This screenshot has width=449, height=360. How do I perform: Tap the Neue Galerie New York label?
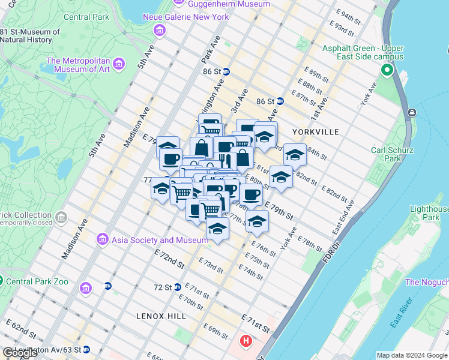[x=185, y=17]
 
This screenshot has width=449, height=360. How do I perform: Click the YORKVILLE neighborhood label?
[x=315, y=131]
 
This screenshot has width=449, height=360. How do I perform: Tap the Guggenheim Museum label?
[x=220, y=4]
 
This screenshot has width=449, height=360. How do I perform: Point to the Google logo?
[x=20, y=353]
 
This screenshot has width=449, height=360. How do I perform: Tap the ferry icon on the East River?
[x=411, y=113]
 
